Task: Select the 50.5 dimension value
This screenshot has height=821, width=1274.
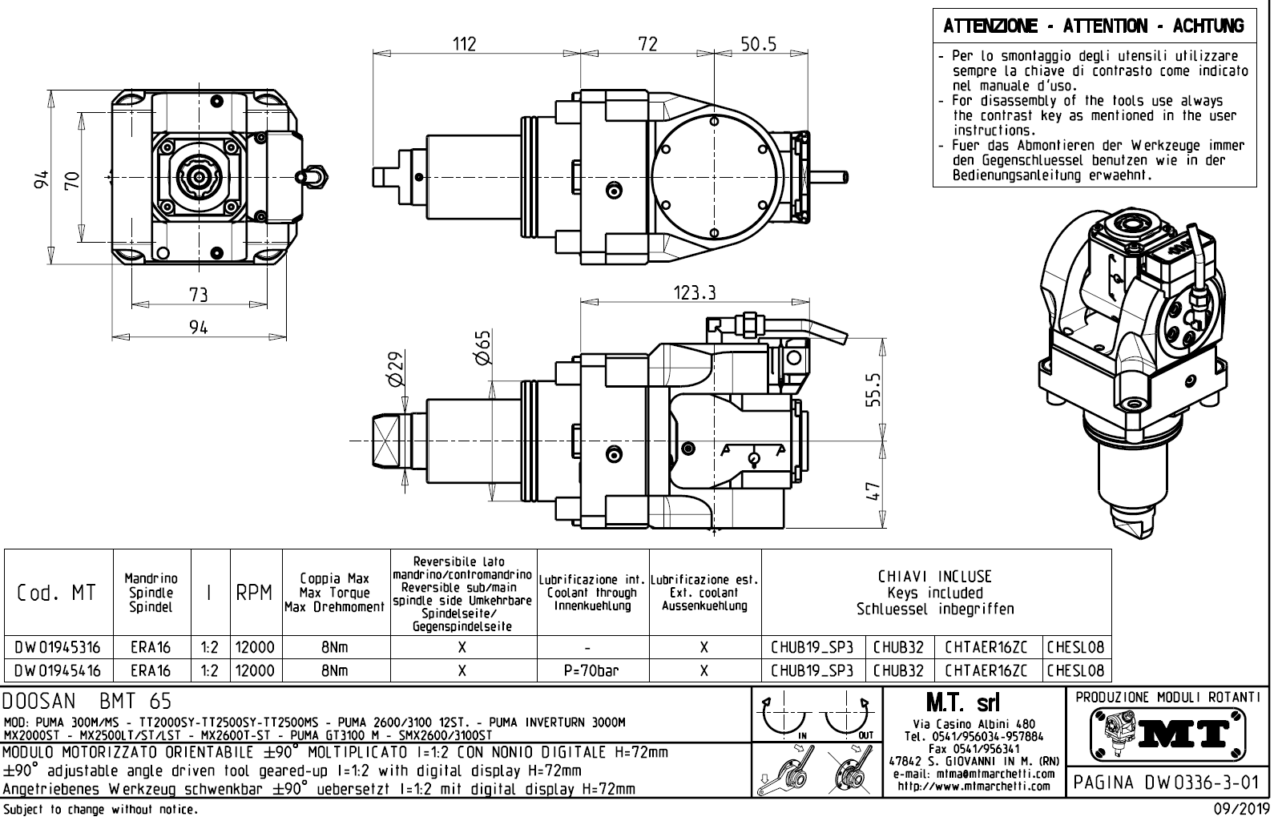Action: (x=758, y=44)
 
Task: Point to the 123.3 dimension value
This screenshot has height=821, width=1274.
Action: (x=694, y=293)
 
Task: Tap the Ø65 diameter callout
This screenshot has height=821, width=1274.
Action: (x=482, y=348)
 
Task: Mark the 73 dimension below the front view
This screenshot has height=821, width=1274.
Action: (x=198, y=295)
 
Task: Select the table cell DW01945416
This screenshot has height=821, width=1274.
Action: (x=57, y=670)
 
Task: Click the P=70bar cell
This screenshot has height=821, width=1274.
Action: (x=592, y=670)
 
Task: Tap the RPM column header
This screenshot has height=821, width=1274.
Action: (x=254, y=594)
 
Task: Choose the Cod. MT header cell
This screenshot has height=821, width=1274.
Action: (x=57, y=594)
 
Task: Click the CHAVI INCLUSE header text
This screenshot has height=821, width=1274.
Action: (x=934, y=577)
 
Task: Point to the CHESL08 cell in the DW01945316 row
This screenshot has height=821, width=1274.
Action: (x=1075, y=647)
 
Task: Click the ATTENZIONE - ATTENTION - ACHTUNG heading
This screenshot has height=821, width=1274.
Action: (x=1094, y=26)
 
